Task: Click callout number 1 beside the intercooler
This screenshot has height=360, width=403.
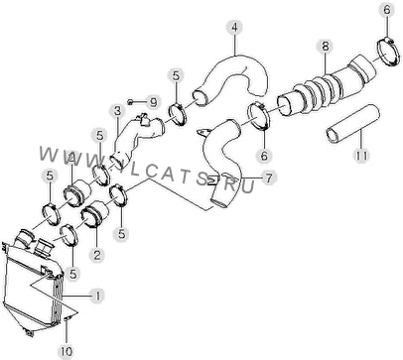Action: click(97, 296)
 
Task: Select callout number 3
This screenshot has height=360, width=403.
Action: click(117, 111)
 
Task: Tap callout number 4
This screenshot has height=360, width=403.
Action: click(234, 27)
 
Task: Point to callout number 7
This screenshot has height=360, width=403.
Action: click(269, 179)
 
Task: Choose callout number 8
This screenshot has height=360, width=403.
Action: click(326, 47)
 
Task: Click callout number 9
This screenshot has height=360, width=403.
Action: click(153, 102)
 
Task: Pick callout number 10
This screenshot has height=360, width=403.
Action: click(67, 351)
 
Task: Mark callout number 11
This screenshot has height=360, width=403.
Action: click(361, 155)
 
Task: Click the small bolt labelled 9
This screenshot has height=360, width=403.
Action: click(131, 101)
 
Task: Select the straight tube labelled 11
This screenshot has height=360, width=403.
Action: click(352, 124)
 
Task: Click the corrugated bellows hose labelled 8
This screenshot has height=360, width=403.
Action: click(326, 84)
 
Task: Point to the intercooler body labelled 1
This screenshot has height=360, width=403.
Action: click(32, 285)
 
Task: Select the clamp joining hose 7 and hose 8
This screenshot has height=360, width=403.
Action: click(259, 116)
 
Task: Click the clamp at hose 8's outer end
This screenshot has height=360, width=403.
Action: click(387, 52)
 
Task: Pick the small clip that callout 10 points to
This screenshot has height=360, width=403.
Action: click(67, 318)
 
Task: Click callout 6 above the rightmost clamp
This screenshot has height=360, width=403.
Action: click(387, 10)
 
